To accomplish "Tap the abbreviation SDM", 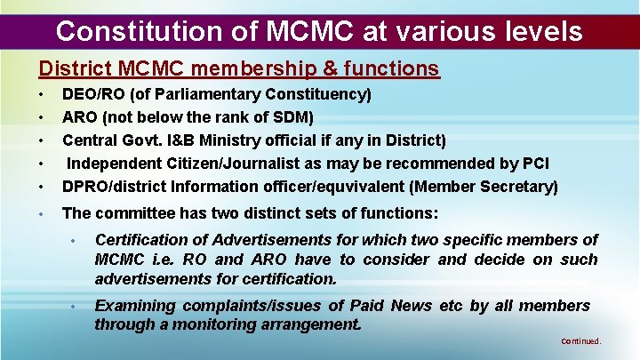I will [x=292, y=117].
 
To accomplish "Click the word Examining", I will [x=134, y=306].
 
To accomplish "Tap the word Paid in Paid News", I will [x=367, y=306].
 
